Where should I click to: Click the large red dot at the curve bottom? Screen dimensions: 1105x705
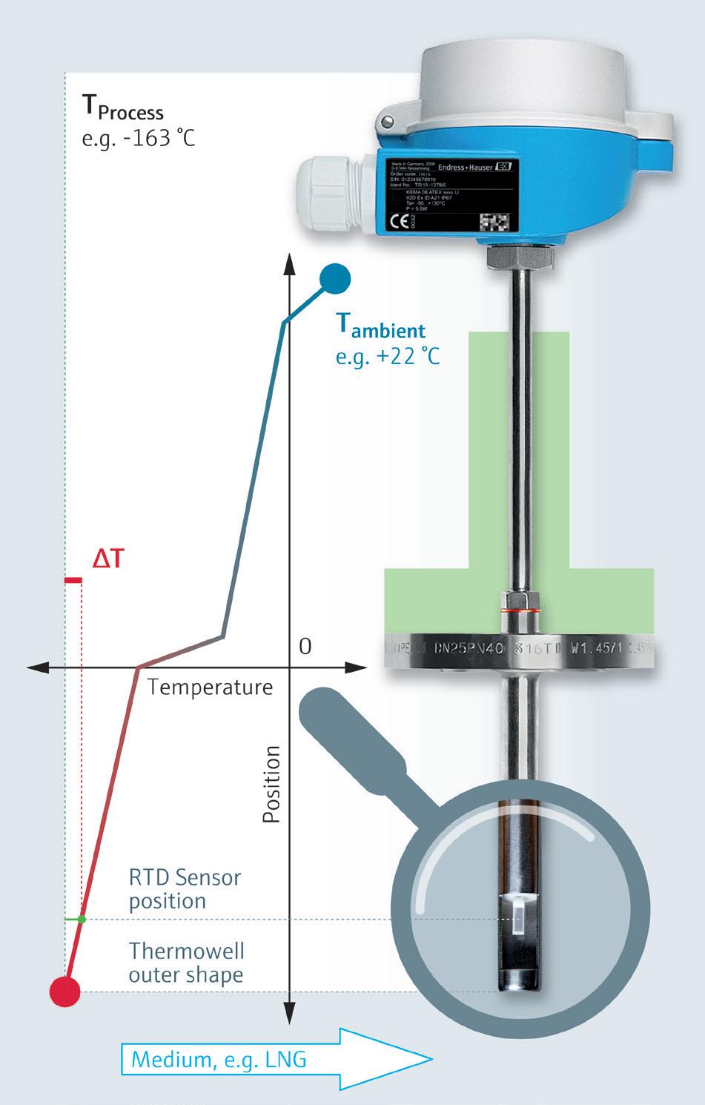pyautogui.click(x=64, y=991)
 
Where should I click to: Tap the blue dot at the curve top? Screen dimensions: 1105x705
pyautogui.click(x=335, y=279)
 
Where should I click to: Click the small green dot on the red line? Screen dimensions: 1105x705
pyautogui.click(x=82, y=920)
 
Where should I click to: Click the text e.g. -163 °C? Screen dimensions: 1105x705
pyautogui.click(x=138, y=139)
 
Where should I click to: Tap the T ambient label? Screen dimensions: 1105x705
pyautogui.click(x=381, y=326)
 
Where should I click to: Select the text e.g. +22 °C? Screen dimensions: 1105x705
pyautogui.click(x=387, y=356)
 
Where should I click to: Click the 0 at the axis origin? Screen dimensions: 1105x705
pyautogui.click(x=305, y=647)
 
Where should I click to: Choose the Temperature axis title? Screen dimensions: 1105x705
pyautogui.click(x=211, y=687)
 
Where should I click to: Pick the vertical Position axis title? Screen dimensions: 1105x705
pyautogui.click(x=272, y=784)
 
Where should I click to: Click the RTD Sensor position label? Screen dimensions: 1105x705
pyautogui.click(x=185, y=889)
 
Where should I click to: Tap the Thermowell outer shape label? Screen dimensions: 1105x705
pyautogui.click(x=186, y=963)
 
